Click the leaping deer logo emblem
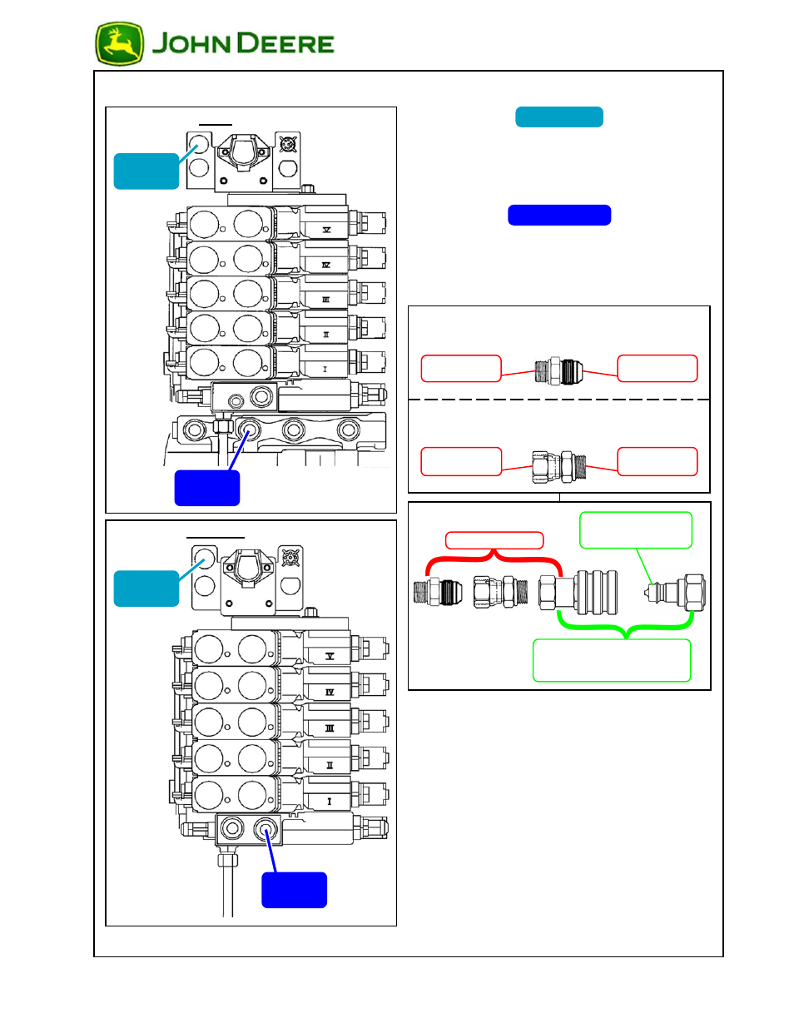coord(119,44)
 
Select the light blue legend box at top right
coord(558,117)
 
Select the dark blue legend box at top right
coord(558,216)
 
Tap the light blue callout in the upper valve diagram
coord(146,171)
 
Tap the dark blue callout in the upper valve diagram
coord(206,488)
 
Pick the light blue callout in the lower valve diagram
coord(146,588)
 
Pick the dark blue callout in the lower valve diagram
coord(294,890)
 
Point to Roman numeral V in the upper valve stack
coord(326,229)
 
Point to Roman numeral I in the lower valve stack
coord(329,802)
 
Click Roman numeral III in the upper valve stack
coord(325,300)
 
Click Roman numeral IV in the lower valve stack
coord(329,692)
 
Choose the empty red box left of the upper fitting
coord(460,369)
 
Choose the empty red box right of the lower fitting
coord(657,461)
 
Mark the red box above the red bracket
coord(494,540)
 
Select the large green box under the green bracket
coord(612,660)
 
